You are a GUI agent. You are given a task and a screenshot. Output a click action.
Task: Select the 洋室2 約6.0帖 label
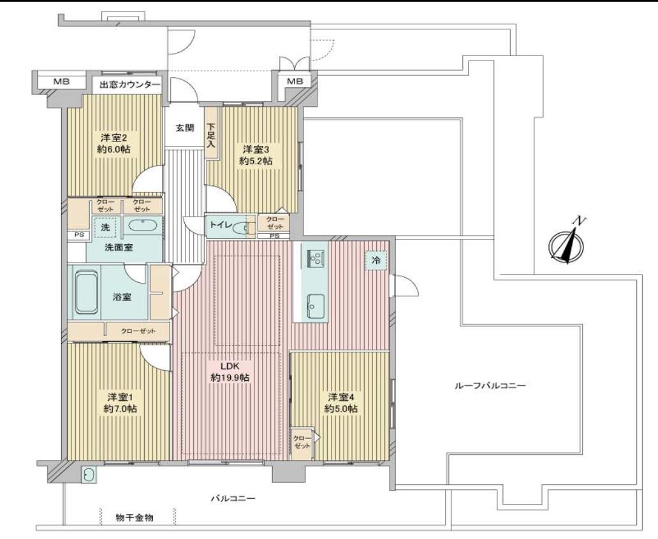pyautogui.click(x=113, y=143)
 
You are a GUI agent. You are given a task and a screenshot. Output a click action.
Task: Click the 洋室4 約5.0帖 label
pyautogui.click(x=340, y=403)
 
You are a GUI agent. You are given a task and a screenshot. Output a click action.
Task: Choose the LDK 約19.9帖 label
pyautogui.click(x=230, y=371)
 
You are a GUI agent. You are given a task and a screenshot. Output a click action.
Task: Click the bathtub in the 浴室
pyautogui.click(x=87, y=292)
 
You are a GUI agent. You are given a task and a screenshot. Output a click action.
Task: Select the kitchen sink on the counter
pyautogui.click(x=315, y=306)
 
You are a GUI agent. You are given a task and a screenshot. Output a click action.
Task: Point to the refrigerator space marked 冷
pyautogui.click(x=376, y=261)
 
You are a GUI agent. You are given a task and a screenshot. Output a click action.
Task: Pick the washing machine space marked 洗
pyautogui.click(x=105, y=227)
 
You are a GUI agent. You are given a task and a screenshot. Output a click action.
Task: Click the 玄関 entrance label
pyautogui.click(x=184, y=128)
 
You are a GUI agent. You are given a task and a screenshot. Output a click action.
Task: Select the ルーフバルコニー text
pyautogui.click(x=490, y=385)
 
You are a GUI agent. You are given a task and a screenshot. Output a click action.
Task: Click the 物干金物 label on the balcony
pyautogui.click(x=135, y=517)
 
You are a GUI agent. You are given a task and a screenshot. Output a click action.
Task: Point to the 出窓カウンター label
pyautogui.click(x=129, y=85)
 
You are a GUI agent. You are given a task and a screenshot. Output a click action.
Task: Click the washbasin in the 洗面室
pyautogui.click(x=143, y=226)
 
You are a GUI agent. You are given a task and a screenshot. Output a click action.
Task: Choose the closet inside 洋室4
pyautogui.click(x=302, y=444)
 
